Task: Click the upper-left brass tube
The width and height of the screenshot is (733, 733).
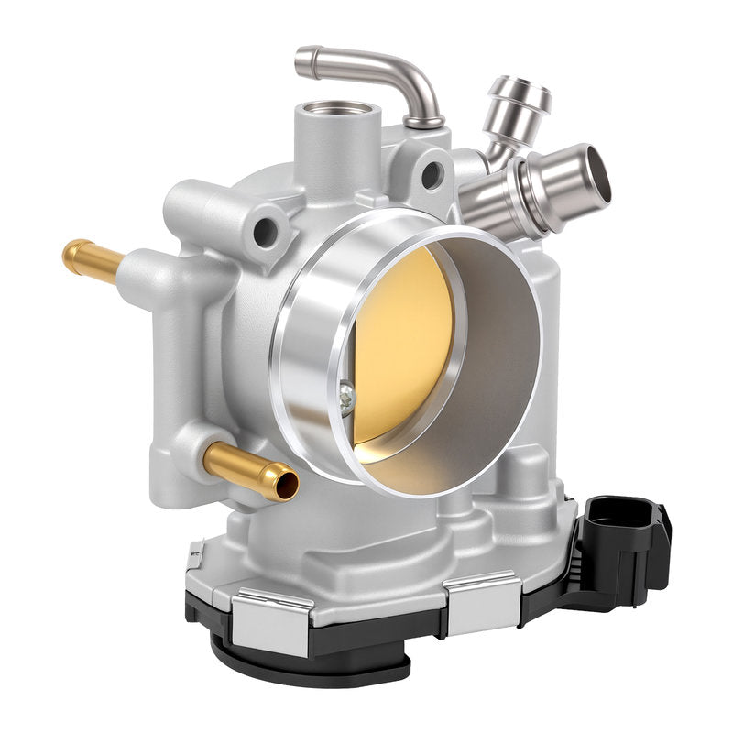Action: [x=92, y=259]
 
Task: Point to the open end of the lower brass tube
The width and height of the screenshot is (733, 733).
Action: [x=286, y=483]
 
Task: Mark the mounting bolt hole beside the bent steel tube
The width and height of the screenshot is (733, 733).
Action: [x=431, y=173]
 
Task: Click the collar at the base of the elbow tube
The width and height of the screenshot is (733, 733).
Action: [x=423, y=120]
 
